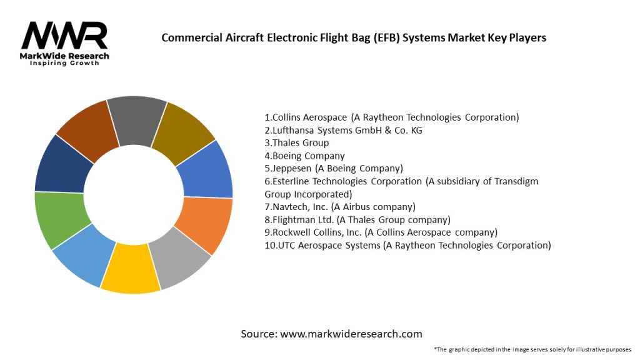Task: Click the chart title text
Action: pos(354,37)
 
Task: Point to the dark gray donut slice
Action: pos(136,114)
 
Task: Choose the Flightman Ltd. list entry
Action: pos(357,219)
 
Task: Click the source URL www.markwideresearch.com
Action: pos(351,334)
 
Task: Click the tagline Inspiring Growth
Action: pos(64,64)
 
